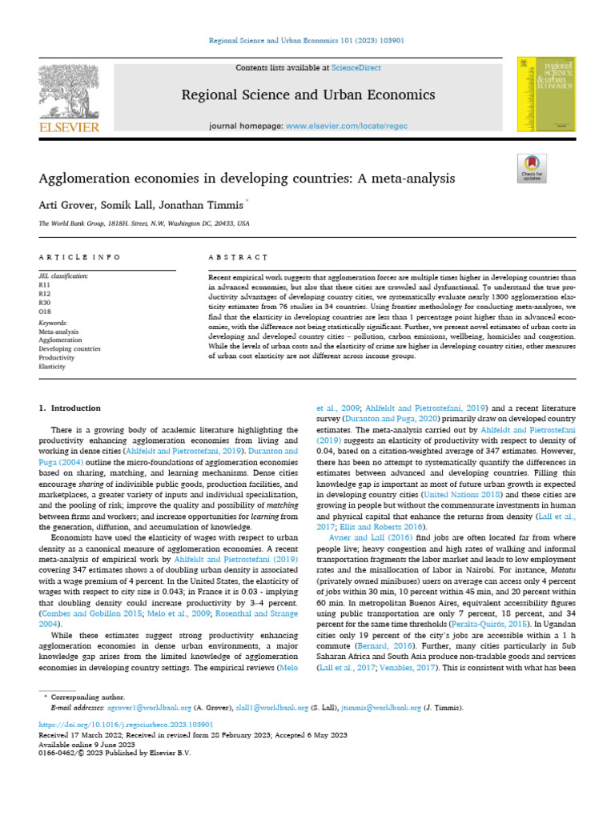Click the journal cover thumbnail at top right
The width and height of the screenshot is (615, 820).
click(x=557, y=94)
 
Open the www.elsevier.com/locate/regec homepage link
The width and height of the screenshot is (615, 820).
click(x=353, y=127)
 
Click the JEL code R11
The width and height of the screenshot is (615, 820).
click(x=44, y=283)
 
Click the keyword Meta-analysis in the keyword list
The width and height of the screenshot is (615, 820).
click(x=59, y=332)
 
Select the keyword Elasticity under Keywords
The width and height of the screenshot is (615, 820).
click(x=52, y=366)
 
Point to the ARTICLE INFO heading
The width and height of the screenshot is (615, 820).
click(x=80, y=257)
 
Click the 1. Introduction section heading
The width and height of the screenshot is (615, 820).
click(x=70, y=408)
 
